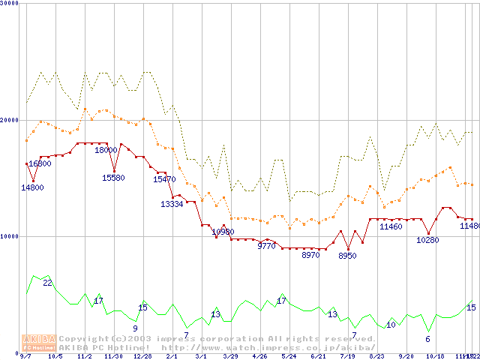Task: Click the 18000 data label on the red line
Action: [106, 150]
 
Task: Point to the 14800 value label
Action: [32, 187]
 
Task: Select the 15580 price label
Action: [113, 178]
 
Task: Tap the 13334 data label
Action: [172, 204]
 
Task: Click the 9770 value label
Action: [267, 246]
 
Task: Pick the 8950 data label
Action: [347, 256]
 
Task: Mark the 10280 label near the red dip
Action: [427, 240]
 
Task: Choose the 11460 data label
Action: [391, 226]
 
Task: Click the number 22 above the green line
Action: [47, 283]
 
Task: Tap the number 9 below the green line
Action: [135, 328]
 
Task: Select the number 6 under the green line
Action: [427, 339]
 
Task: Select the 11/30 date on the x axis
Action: [112, 356]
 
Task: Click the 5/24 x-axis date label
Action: [289, 356]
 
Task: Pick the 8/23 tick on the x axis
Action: [376, 356]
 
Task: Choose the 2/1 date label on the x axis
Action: [172, 356]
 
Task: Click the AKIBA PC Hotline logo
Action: [39, 343]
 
